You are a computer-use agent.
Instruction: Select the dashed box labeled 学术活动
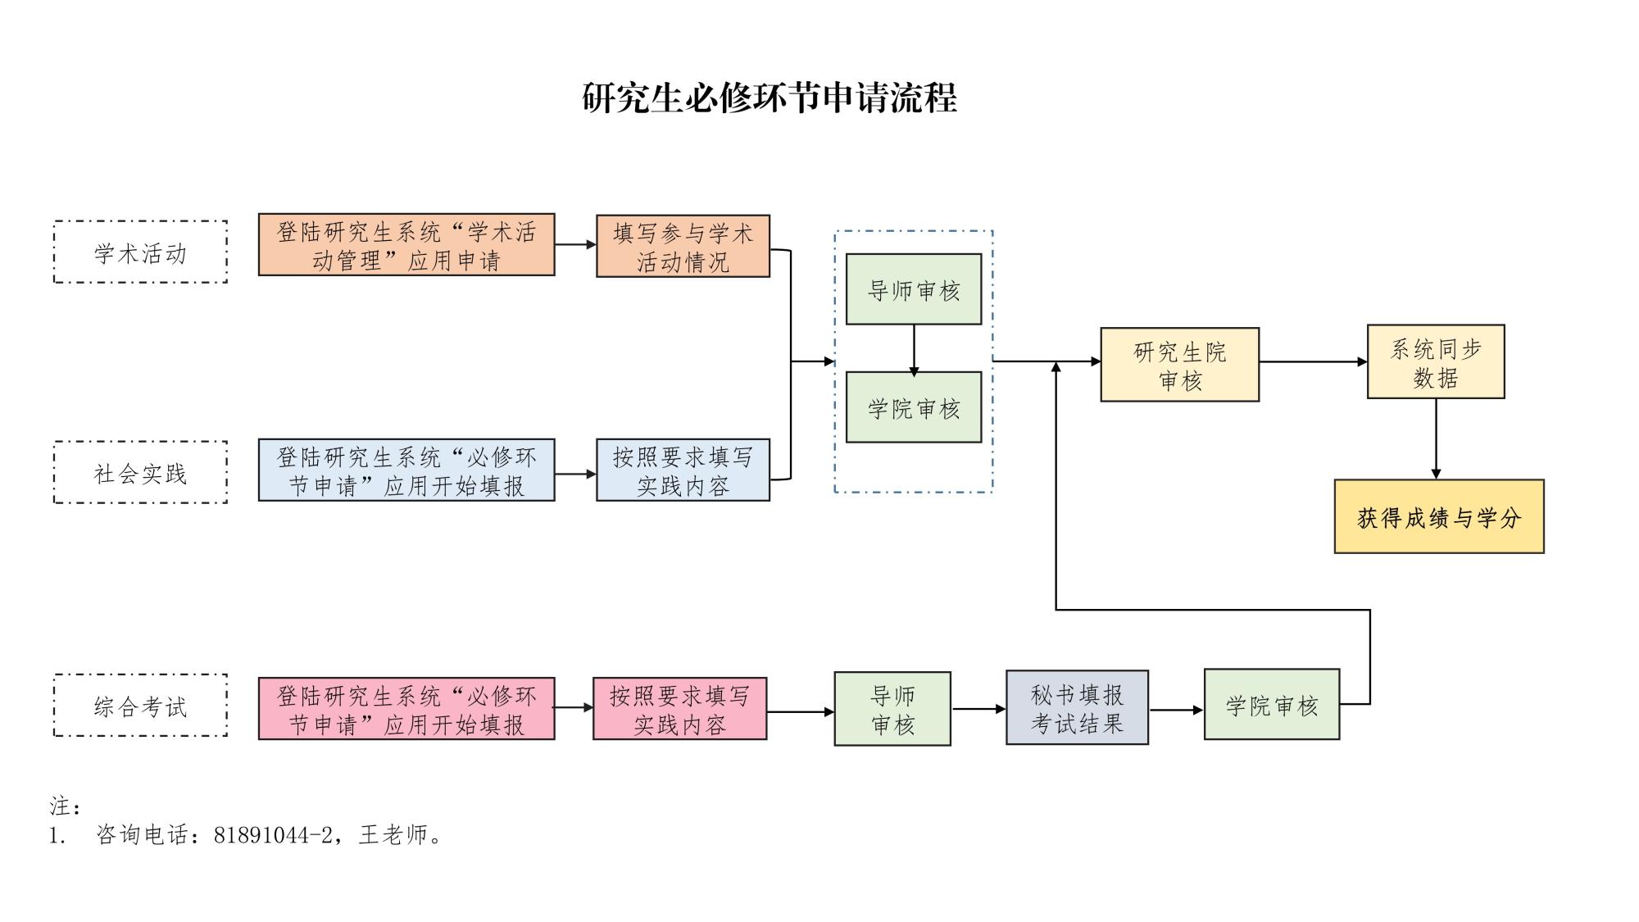point(140,252)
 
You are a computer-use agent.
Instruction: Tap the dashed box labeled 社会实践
point(140,472)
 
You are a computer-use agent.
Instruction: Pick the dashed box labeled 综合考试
point(140,706)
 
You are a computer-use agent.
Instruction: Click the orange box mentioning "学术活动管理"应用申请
point(406,245)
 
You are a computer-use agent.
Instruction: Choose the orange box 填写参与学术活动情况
point(683,247)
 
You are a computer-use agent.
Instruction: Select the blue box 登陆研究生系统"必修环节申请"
point(406,470)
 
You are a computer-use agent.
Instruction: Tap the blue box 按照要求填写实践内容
point(683,470)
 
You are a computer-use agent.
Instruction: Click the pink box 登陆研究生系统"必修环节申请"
point(406,709)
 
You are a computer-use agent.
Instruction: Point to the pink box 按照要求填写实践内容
point(679,709)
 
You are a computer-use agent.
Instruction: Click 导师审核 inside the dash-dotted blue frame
point(913,289)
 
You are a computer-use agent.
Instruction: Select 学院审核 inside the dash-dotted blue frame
point(913,407)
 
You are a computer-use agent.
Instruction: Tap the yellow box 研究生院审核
point(1179,365)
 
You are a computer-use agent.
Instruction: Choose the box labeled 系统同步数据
point(1436,362)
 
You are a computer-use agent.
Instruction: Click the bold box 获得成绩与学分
point(1439,517)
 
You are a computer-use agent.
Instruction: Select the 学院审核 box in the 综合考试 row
point(1271,705)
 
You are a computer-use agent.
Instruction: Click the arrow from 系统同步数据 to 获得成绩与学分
point(1436,438)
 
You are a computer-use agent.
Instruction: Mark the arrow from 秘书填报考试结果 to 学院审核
point(1176,711)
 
